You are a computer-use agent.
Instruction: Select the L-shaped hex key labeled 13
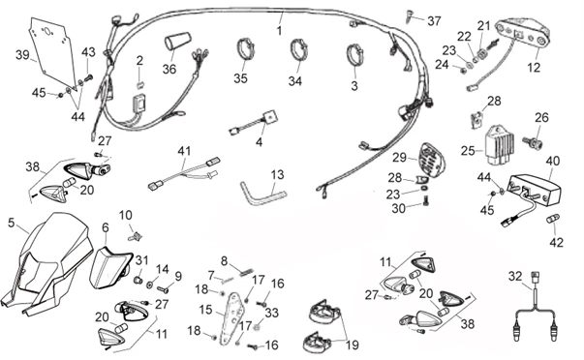pos(260,192)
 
